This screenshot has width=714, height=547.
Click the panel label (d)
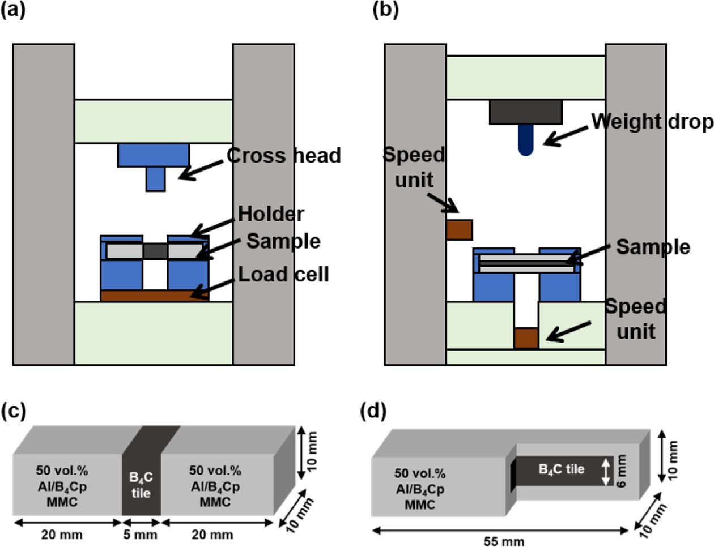[373, 412]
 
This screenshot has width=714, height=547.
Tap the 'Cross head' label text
[284, 156]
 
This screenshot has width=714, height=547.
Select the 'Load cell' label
[283, 274]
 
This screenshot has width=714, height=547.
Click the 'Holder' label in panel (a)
[271, 214]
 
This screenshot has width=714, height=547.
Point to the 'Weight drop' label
[652, 122]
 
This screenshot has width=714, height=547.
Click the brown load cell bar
[154, 295]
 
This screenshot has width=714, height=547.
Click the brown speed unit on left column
[459, 229]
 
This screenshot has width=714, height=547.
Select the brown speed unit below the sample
[526, 338]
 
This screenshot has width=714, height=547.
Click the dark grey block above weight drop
[526, 112]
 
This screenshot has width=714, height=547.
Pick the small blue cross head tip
[156, 179]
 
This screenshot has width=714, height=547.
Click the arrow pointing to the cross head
[201, 169]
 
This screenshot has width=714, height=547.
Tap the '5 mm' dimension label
[141, 535]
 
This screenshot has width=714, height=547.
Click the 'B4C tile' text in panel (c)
[141, 485]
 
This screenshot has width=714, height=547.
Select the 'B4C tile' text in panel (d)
[561, 469]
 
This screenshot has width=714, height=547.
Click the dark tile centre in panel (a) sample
[155, 251]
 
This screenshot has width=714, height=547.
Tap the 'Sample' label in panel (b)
[653, 247]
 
